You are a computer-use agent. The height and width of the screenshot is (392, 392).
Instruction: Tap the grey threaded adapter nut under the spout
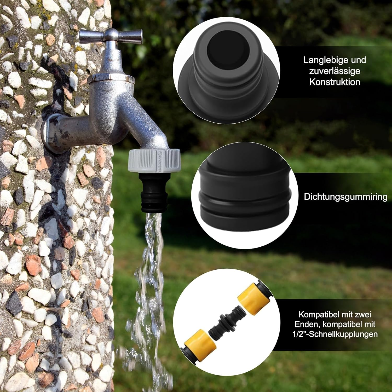(154, 161)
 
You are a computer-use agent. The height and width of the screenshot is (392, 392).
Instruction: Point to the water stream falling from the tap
(152, 261)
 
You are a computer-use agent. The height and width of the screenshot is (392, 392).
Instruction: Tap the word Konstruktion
(335, 82)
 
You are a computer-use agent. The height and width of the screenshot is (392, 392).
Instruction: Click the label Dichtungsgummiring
(345, 197)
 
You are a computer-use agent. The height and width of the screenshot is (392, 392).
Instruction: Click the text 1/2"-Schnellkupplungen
(335, 334)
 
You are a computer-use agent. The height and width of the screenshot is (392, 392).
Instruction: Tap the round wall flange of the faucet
(50, 133)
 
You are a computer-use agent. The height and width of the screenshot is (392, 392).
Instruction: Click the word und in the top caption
(358, 60)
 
